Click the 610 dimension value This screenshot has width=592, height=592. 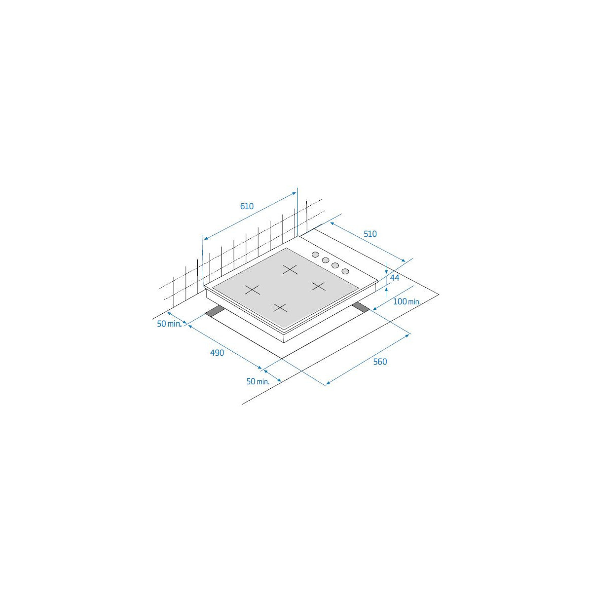pyautogui.click(x=247, y=206)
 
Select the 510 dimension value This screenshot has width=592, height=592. pyautogui.click(x=370, y=234)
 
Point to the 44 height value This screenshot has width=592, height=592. pyautogui.click(x=394, y=278)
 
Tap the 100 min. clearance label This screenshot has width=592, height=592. pyautogui.click(x=407, y=301)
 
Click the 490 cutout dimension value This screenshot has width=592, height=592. pyautogui.click(x=217, y=353)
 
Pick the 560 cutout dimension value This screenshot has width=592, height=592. pyautogui.click(x=380, y=362)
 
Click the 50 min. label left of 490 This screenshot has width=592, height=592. pyautogui.click(x=170, y=324)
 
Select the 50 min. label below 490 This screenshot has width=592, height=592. pyautogui.click(x=258, y=381)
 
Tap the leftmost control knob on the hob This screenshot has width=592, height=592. pyautogui.click(x=315, y=255)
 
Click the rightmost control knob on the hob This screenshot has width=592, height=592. pyautogui.click(x=345, y=271)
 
